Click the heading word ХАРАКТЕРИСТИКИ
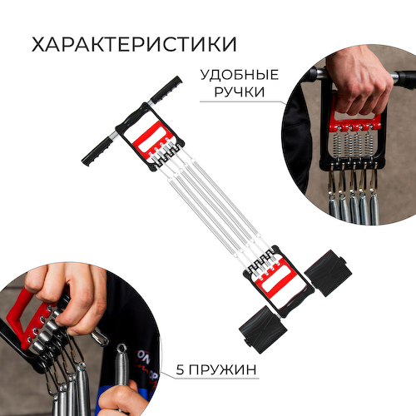tap(134, 44)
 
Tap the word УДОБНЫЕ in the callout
tap(240, 75)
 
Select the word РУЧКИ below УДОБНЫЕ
tap(240, 92)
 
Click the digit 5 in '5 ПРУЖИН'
tap(180, 369)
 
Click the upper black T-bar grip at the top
tap(166, 89)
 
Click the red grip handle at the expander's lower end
tap(276, 280)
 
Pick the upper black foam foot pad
tap(328, 273)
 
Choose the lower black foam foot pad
tap(263, 329)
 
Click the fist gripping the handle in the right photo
tap(360, 81)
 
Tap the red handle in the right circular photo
tap(356, 120)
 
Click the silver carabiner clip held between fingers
tap(99, 337)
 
